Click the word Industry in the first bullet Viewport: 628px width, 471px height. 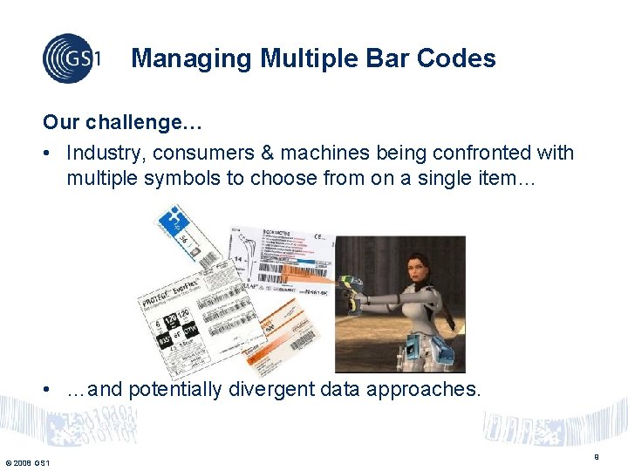tap(105, 153)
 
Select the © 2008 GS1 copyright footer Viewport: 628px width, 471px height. tap(27, 462)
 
